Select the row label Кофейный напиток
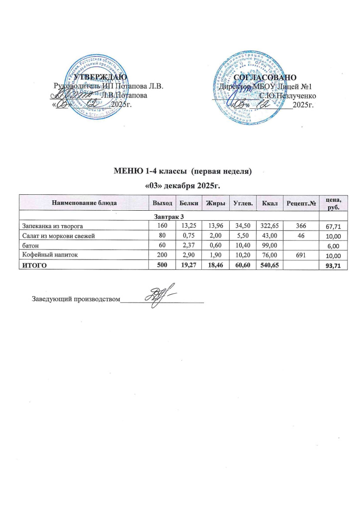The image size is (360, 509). point(47,255)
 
